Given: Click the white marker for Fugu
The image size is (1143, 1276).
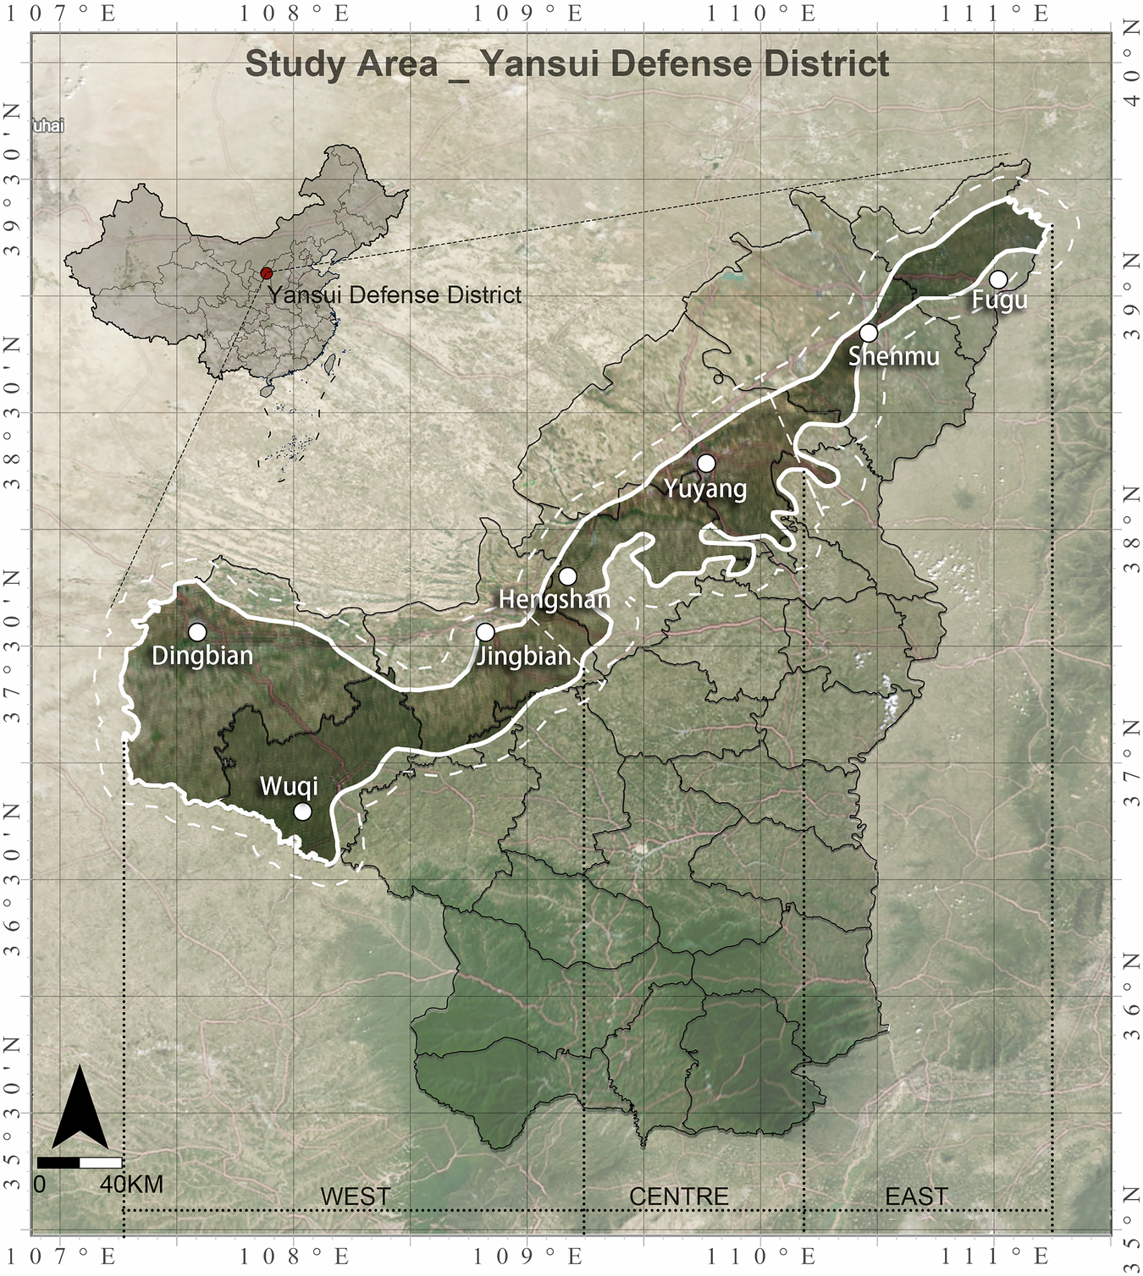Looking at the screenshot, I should pyautogui.click(x=998, y=279).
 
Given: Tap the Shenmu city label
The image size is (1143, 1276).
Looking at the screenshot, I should pyautogui.click(x=893, y=356).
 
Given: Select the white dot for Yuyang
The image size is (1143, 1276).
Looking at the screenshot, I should pyautogui.click(x=706, y=463).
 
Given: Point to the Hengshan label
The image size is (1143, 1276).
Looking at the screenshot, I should pyautogui.click(x=554, y=599).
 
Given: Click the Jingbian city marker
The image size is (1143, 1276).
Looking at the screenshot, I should pyautogui.click(x=485, y=632).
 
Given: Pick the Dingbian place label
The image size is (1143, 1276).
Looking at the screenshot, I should pyautogui.click(x=202, y=655).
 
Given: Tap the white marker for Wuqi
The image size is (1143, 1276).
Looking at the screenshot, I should pyautogui.click(x=302, y=811).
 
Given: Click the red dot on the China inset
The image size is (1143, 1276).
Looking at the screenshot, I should pyautogui.click(x=267, y=273).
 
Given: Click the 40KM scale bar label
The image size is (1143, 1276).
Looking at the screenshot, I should pyautogui.click(x=131, y=1183).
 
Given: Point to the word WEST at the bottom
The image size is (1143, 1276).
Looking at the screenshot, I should pyautogui.click(x=356, y=1196).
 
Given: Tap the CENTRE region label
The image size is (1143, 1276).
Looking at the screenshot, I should pyautogui.click(x=679, y=1196).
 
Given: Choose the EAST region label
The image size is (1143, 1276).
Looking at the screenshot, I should pyautogui.click(x=916, y=1196).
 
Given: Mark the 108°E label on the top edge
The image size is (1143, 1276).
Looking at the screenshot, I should pyautogui.click(x=293, y=14).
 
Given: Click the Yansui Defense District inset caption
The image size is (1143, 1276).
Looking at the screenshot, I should pyautogui.click(x=395, y=295).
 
